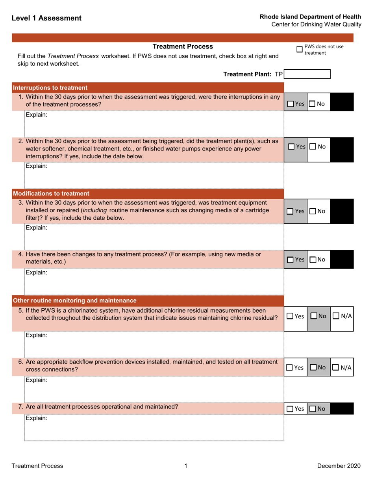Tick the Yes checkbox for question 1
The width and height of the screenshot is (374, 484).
click(291, 104)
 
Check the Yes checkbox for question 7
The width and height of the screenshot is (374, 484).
click(291, 410)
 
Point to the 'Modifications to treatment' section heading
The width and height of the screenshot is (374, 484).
click(51, 193)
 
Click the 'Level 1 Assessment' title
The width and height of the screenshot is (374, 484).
click(46, 18)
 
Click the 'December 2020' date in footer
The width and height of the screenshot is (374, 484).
click(339, 466)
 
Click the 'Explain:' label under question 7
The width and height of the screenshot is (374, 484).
click(36, 419)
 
